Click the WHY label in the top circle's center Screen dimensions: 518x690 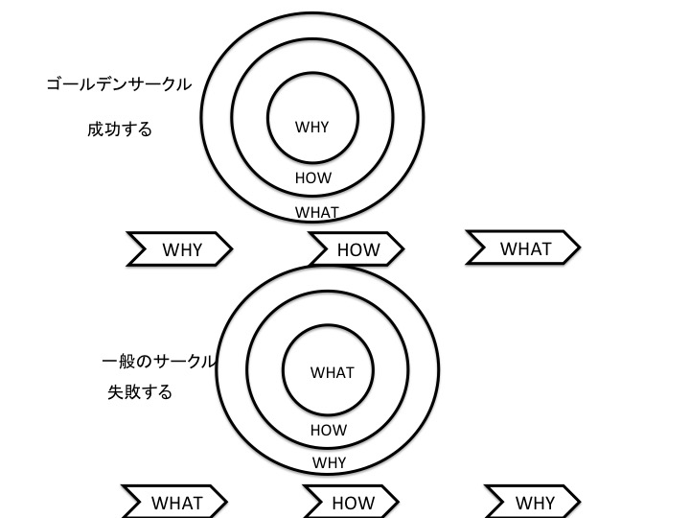click(311, 127)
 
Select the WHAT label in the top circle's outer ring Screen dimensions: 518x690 click(316, 212)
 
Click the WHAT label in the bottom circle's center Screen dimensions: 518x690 click(333, 372)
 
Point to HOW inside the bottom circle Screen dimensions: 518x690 click(328, 431)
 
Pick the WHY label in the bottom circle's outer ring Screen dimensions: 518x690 click(329, 461)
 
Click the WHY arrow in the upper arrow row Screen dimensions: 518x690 click(181, 249)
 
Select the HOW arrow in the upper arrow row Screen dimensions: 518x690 click(357, 249)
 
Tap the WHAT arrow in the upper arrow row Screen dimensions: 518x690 click(524, 248)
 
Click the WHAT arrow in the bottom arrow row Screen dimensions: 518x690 click(176, 502)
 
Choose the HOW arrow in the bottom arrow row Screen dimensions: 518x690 click(353, 502)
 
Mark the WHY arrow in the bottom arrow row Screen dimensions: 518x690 click(534, 502)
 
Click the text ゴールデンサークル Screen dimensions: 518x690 click(119, 84)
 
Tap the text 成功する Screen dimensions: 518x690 click(120, 129)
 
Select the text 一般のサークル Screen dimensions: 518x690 click(158, 363)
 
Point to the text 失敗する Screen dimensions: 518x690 click(140, 392)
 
